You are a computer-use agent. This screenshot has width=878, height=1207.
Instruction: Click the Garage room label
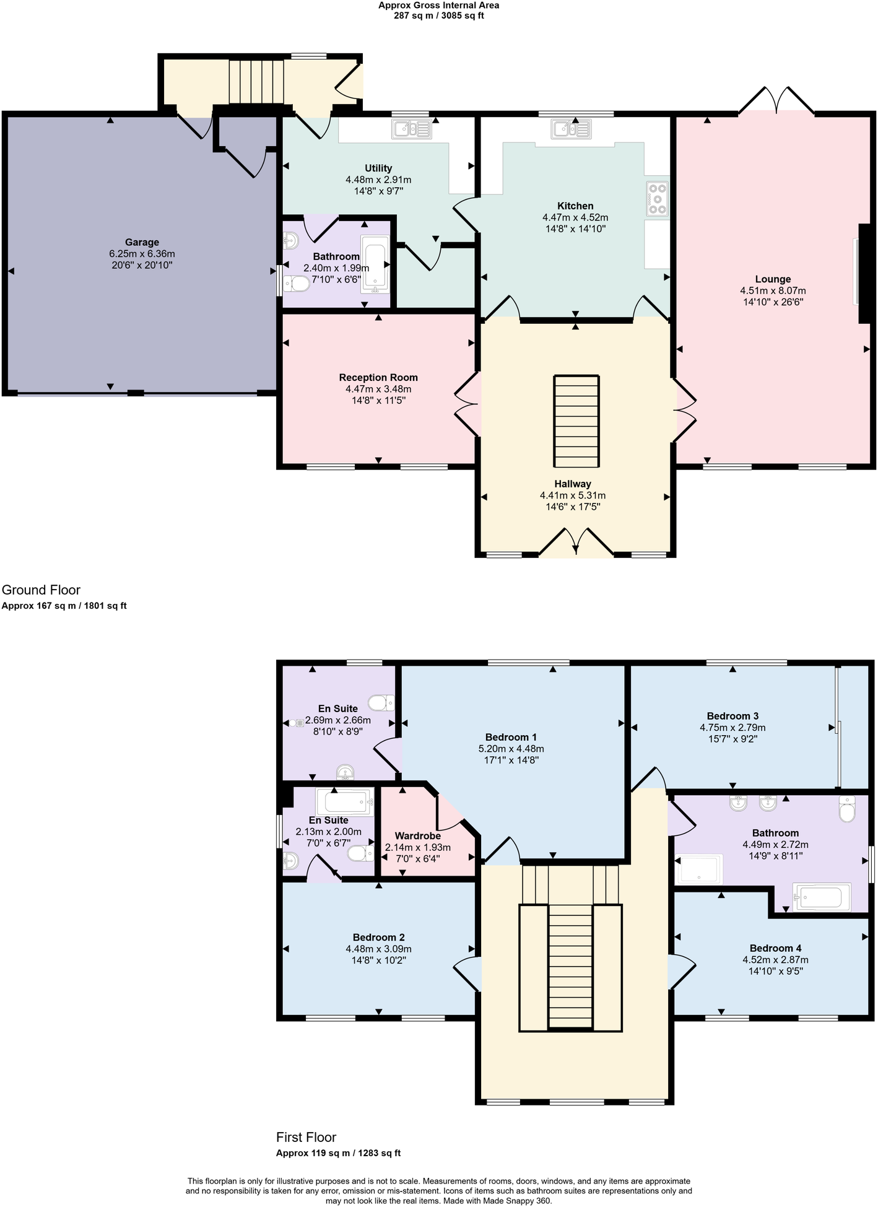(142, 242)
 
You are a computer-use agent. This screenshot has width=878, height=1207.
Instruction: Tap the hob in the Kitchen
(657, 199)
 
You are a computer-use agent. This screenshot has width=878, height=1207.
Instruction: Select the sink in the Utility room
(411, 129)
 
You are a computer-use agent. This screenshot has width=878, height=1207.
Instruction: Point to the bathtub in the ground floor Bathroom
(376, 264)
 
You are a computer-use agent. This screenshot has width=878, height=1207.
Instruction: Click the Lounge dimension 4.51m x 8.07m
(773, 290)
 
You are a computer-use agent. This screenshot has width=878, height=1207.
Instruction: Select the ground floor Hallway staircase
(576, 421)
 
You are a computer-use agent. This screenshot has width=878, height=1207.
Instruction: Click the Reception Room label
(378, 378)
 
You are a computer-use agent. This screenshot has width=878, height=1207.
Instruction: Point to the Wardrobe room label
(417, 836)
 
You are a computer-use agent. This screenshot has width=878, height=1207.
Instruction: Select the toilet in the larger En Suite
(381, 703)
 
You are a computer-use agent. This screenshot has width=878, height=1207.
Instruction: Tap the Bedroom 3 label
(732, 716)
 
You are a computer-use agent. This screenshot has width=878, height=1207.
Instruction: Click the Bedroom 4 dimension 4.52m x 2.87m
(775, 960)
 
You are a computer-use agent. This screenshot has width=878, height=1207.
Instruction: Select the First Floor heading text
(306, 1137)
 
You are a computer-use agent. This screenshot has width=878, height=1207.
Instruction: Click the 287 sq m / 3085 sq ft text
(438, 15)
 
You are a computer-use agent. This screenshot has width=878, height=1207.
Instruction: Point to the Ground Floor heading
(41, 590)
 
